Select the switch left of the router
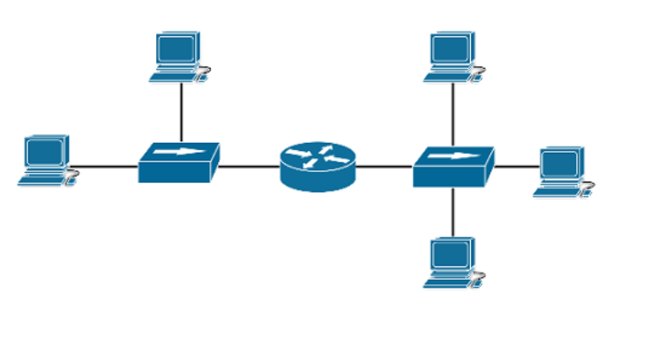pos(178,163)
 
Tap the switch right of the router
pos(452,167)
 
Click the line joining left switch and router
pos(250,166)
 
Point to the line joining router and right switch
pos(385,166)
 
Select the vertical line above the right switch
pos(453,114)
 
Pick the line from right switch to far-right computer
pos(516,166)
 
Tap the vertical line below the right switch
pos(453,212)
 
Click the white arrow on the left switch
pos(177,152)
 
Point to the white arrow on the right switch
pos(452,156)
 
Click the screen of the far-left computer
pos(44,153)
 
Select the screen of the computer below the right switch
pos(451,254)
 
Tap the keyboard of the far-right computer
pos(557,191)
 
